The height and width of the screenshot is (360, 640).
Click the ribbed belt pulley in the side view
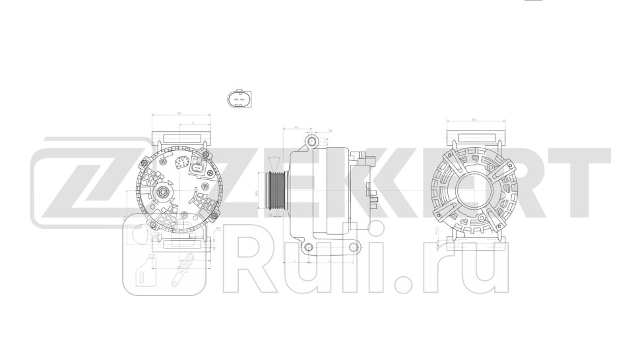(x=274, y=192)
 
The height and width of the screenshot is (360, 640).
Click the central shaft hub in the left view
(x=161, y=193)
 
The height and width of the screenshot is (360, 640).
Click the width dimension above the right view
(x=475, y=119)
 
